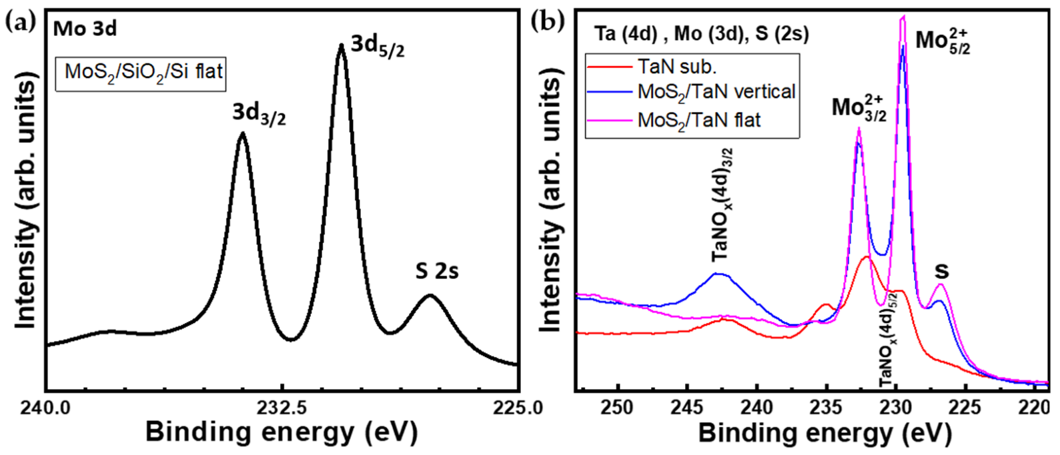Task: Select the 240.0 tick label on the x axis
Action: coord(46,407)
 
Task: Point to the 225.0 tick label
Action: coord(517,407)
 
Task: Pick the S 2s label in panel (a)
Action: coord(437,272)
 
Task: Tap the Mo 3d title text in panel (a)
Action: coord(85,29)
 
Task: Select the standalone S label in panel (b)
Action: coord(941,272)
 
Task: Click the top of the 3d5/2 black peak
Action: coord(341,47)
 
